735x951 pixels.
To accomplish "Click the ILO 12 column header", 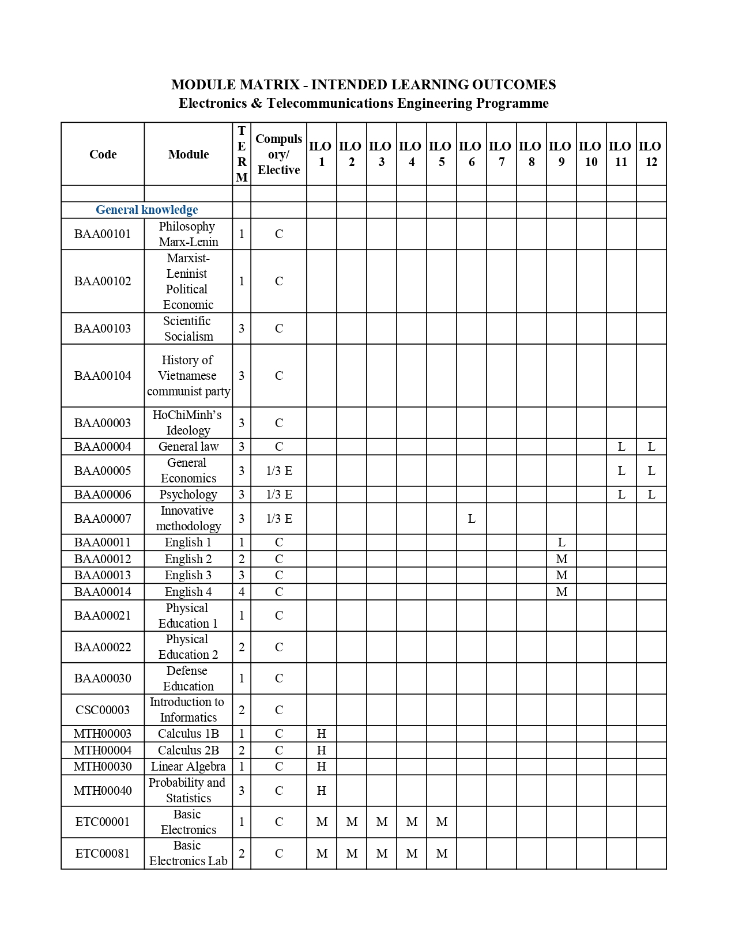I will click(x=651, y=154).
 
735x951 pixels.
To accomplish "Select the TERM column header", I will click(x=242, y=154).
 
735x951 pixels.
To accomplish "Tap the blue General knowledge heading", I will click(x=146, y=210).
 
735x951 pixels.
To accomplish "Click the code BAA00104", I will click(x=103, y=376).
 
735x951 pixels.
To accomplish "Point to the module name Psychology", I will click(x=188, y=495).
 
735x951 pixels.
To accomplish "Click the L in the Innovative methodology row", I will click(x=471, y=519).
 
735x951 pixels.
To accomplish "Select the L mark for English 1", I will click(x=561, y=542).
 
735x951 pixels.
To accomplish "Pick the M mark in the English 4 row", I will click(x=561, y=592).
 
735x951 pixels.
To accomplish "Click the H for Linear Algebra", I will click(x=322, y=767).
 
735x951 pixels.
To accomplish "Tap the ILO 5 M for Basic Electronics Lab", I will click(x=442, y=854).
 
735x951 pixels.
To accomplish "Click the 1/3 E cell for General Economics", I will click(x=279, y=471).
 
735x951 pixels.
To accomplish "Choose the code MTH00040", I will click(x=103, y=791).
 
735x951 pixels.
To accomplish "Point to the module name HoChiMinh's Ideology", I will click(x=188, y=422).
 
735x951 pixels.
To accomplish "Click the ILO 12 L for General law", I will click(x=651, y=447).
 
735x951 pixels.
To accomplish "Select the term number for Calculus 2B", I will click(x=242, y=750).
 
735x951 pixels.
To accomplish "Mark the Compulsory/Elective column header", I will click(x=279, y=154).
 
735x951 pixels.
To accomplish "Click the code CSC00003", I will click(x=103, y=710).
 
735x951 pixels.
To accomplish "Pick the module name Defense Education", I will click(x=188, y=678).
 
